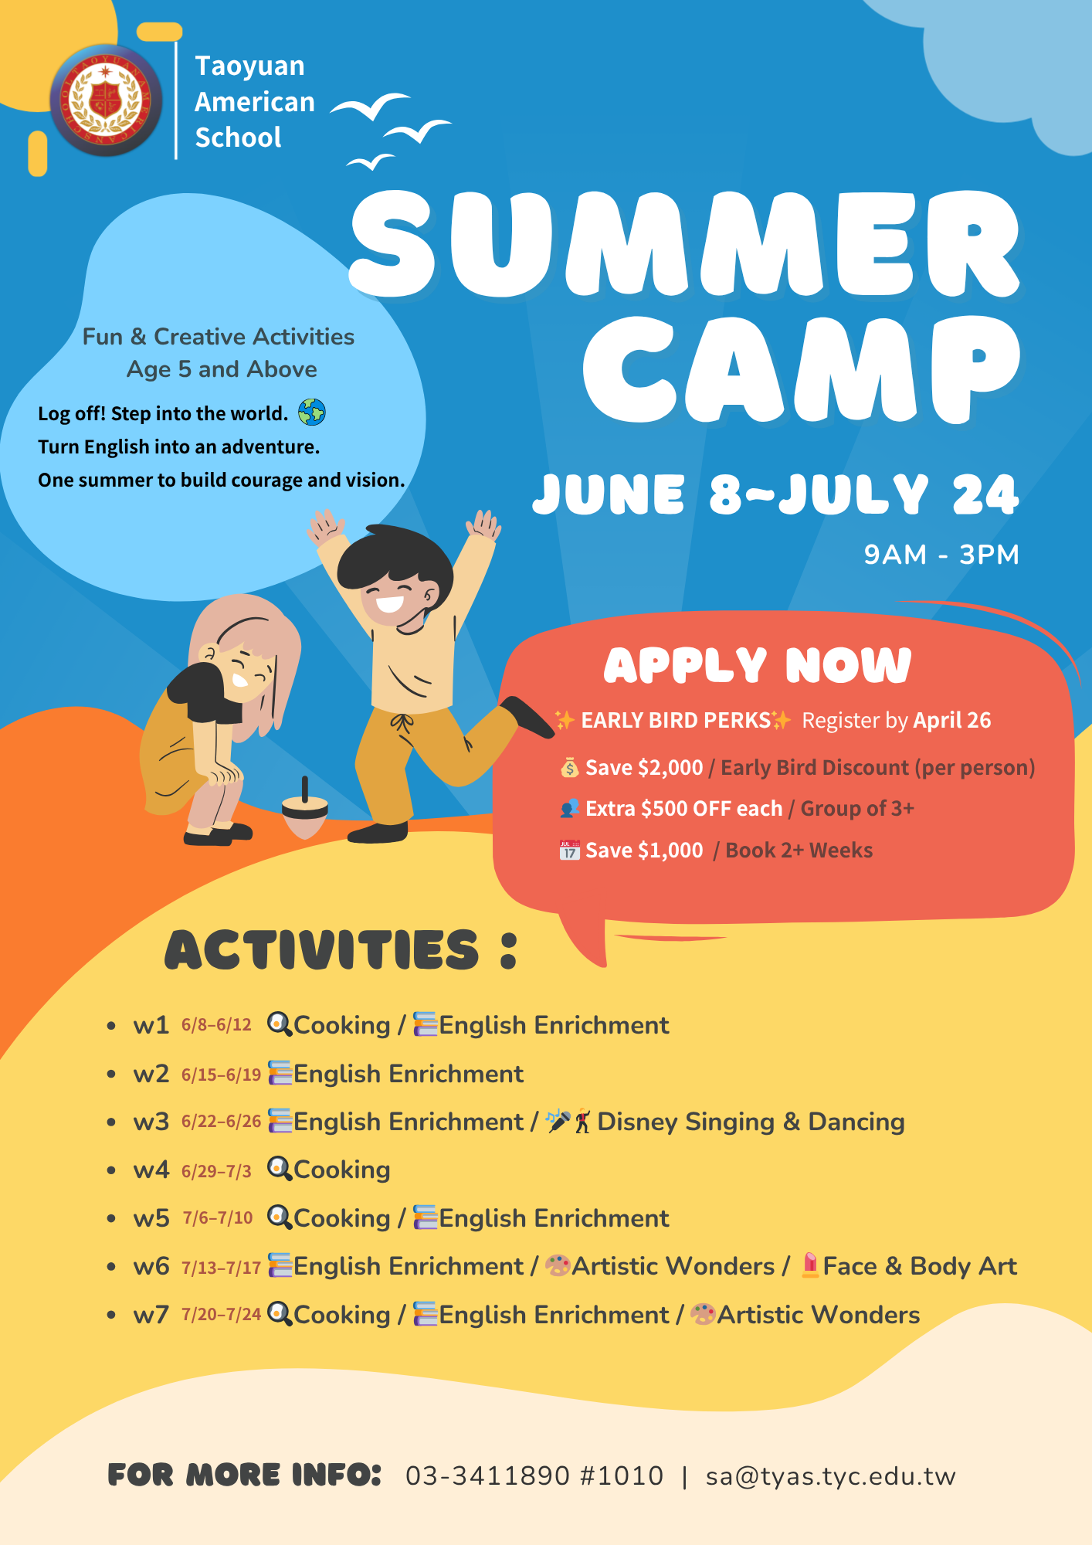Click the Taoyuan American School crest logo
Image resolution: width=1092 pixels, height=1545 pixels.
point(106,100)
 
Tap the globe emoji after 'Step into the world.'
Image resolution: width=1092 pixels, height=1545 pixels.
point(312,413)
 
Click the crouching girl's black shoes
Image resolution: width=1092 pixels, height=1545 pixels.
point(219,834)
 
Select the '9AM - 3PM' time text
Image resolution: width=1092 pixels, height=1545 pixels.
point(941,555)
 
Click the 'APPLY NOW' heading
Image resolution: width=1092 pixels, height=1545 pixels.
point(758,666)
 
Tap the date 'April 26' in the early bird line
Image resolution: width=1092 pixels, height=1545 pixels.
point(951,721)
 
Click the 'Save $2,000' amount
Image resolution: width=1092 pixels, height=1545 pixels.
point(644,768)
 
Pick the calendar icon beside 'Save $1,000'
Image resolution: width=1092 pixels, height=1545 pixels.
point(569,851)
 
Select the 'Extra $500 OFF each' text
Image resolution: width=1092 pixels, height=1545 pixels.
point(683,809)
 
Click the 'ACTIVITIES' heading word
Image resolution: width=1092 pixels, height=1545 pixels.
point(322,950)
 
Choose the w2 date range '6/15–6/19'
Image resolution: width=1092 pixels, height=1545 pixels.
point(221,1075)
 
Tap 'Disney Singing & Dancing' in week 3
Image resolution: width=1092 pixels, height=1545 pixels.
point(751,1122)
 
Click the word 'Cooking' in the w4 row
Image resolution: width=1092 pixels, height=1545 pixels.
point(342,1170)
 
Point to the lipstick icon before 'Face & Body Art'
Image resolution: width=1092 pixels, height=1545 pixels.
point(810,1265)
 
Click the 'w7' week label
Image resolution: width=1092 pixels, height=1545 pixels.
point(151,1315)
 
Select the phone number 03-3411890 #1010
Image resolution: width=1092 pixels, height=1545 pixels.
point(534,1476)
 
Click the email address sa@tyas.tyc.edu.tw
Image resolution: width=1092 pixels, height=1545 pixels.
point(831,1477)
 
